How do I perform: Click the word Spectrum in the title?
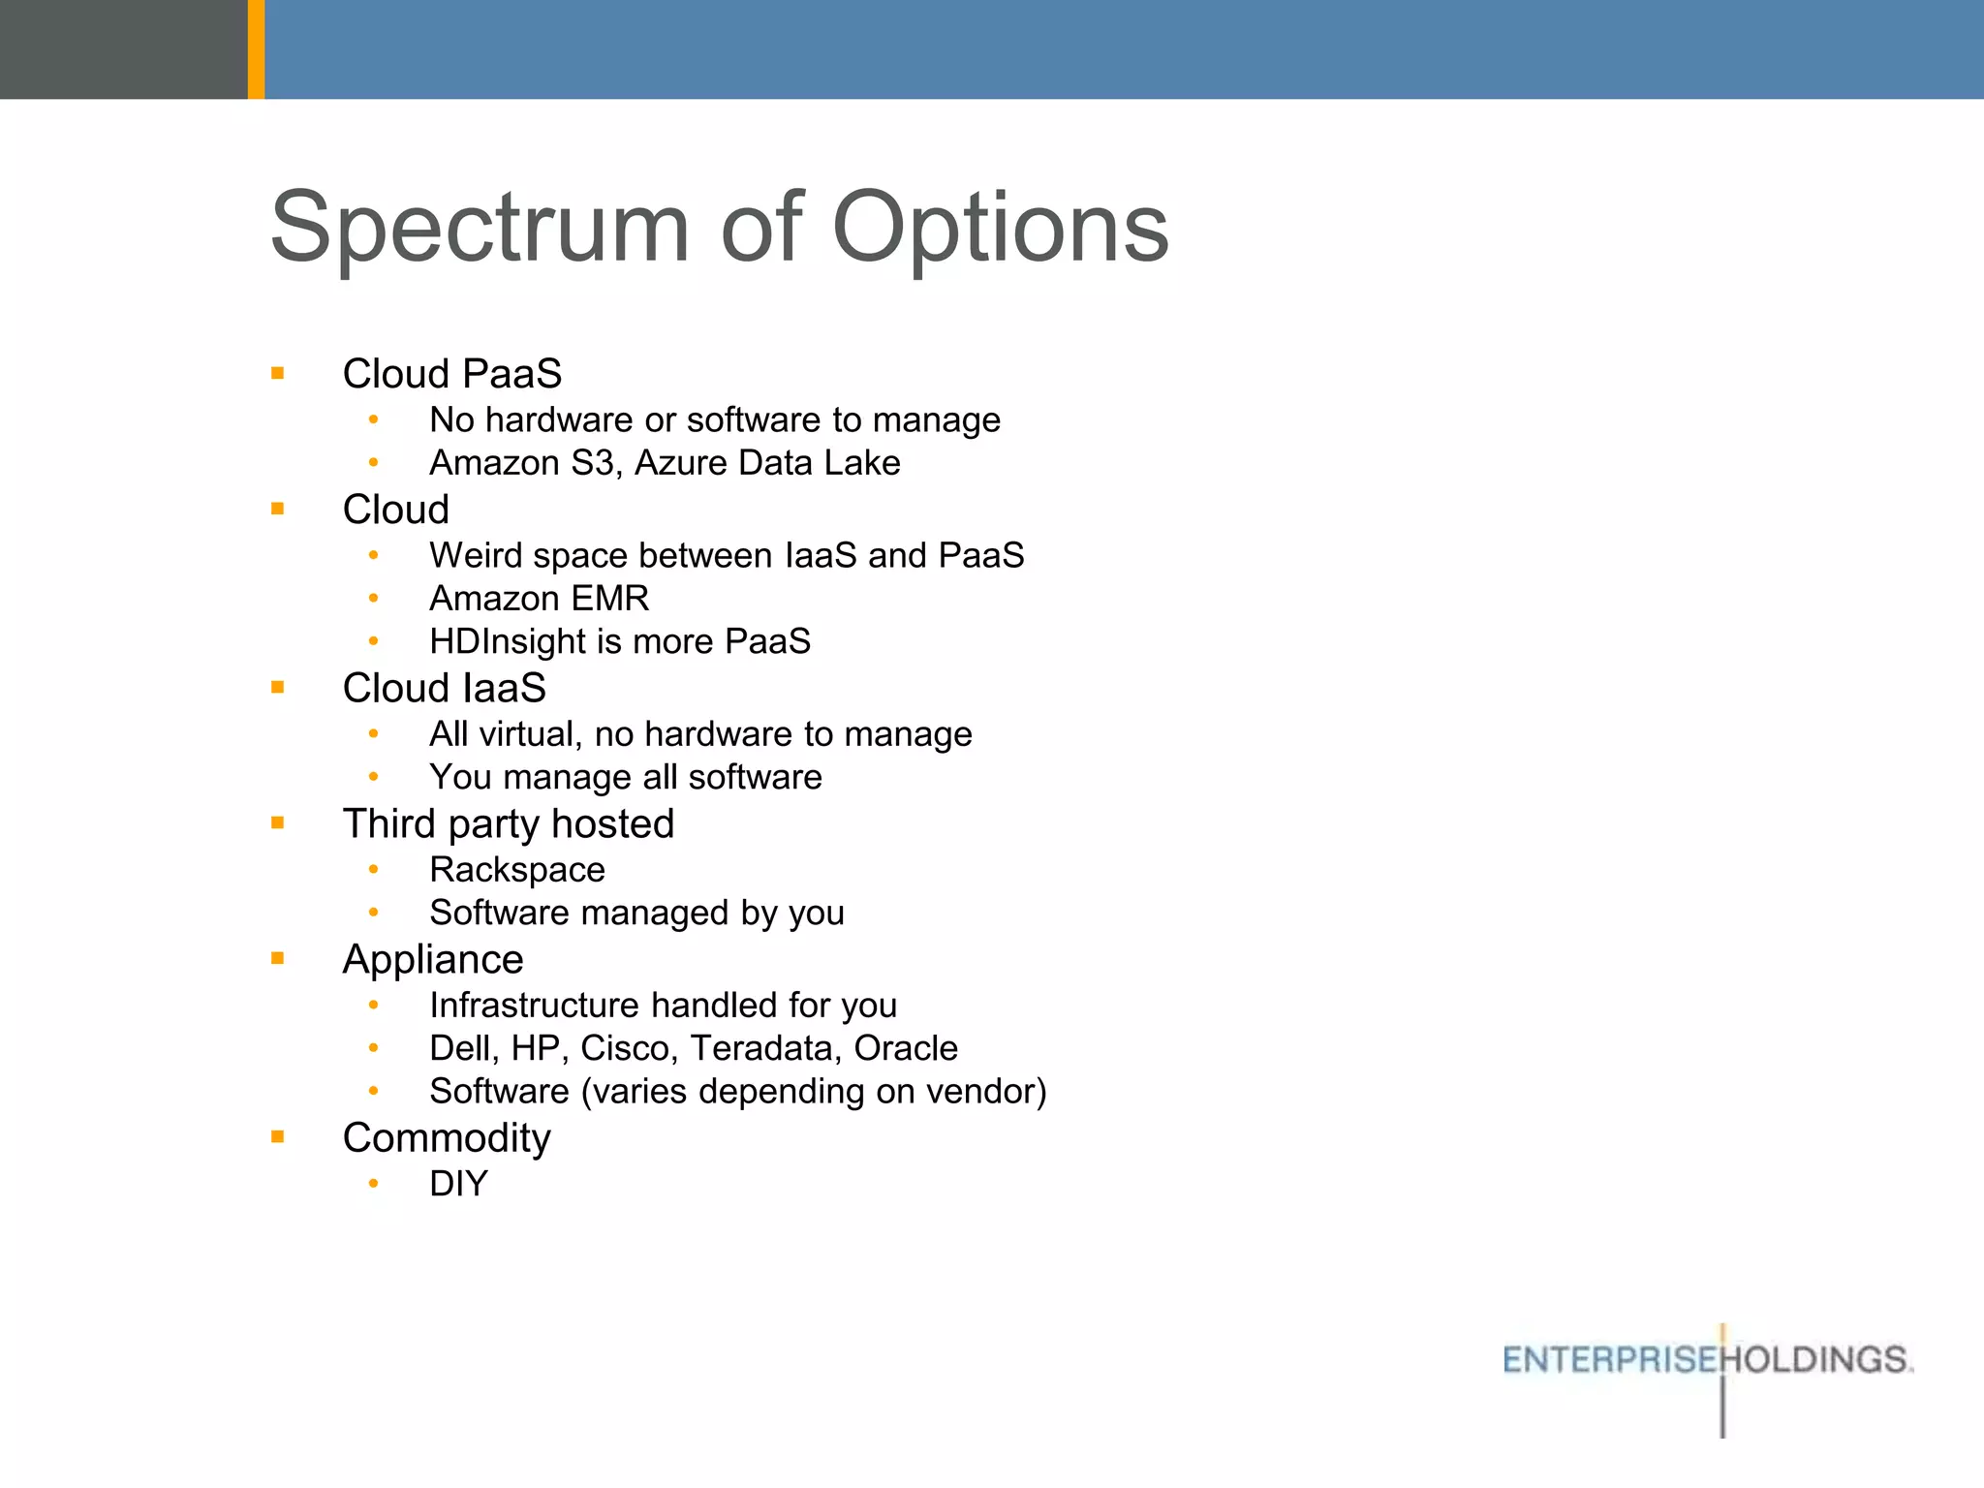(480, 228)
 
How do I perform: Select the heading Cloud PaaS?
(451, 374)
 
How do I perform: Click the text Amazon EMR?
(539, 599)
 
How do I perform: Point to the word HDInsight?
(508, 641)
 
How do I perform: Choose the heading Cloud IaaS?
(444, 689)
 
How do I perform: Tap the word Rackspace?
(516, 870)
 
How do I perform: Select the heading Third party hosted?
(508, 824)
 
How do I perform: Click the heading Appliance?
(432, 960)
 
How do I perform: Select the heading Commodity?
(446, 1138)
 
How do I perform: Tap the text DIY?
(458, 1184)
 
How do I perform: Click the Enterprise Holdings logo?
(1707, 1360)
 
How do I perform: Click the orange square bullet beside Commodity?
(278, 1137)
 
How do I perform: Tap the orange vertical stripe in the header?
(256, 48)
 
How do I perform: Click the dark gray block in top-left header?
(123, 48)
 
